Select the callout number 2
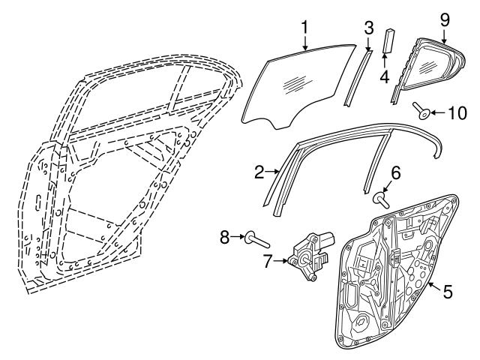(259, 172)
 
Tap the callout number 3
(368, 28)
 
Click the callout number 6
(396, 172)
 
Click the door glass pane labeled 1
(300, 86)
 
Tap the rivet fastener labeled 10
(424, 113)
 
